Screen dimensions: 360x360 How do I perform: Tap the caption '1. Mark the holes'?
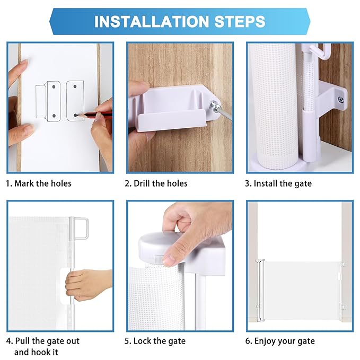click(39, 183)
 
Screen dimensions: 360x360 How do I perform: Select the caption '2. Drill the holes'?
click(156, 183)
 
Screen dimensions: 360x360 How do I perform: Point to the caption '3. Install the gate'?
click(278, 183)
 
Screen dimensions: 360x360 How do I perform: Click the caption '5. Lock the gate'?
click(155, 341)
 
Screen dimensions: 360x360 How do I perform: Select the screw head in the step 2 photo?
click(213, 106)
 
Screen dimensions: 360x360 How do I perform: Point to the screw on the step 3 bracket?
click(341, 99)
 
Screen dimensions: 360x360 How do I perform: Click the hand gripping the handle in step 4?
click(87, 284)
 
